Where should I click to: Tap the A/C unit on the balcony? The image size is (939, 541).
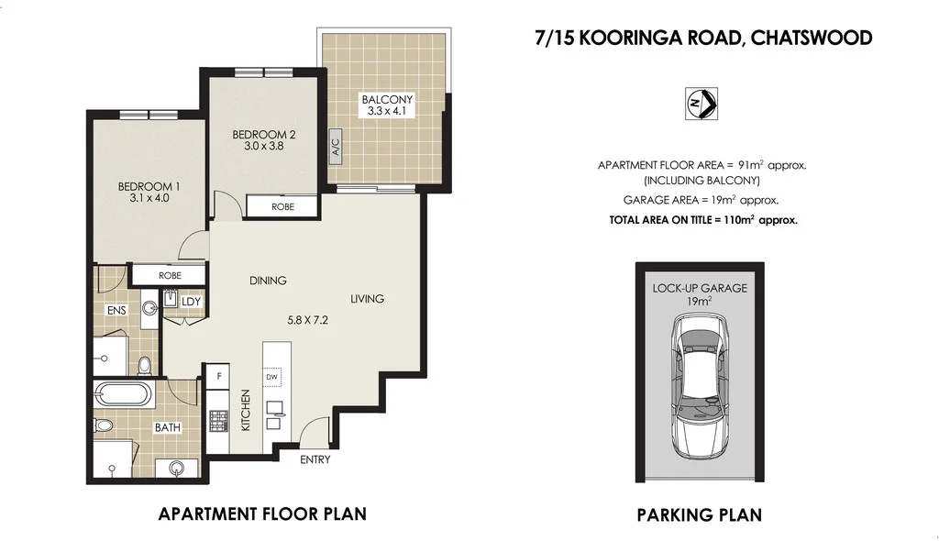pos(336,149)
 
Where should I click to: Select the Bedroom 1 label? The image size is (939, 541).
pos(149,187)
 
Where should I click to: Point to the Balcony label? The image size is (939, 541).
pos(387,99)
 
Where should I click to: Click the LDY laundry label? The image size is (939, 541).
pos(191,301)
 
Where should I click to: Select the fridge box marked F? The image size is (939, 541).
pos(217,375)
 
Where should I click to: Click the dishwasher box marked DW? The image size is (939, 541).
pos(271,376)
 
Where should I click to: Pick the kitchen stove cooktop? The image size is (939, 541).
pos(218,422)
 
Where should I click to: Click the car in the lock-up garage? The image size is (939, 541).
pos(699,386)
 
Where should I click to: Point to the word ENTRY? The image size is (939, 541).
pos(315,459)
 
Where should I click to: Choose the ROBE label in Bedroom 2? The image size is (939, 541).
pos(283,207)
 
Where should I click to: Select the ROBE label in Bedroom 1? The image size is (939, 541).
pos(169,275)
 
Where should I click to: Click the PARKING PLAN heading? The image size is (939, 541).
pos(699,514)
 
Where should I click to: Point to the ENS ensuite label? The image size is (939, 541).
pos(116,311)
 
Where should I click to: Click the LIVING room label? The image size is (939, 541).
pos(367,299)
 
